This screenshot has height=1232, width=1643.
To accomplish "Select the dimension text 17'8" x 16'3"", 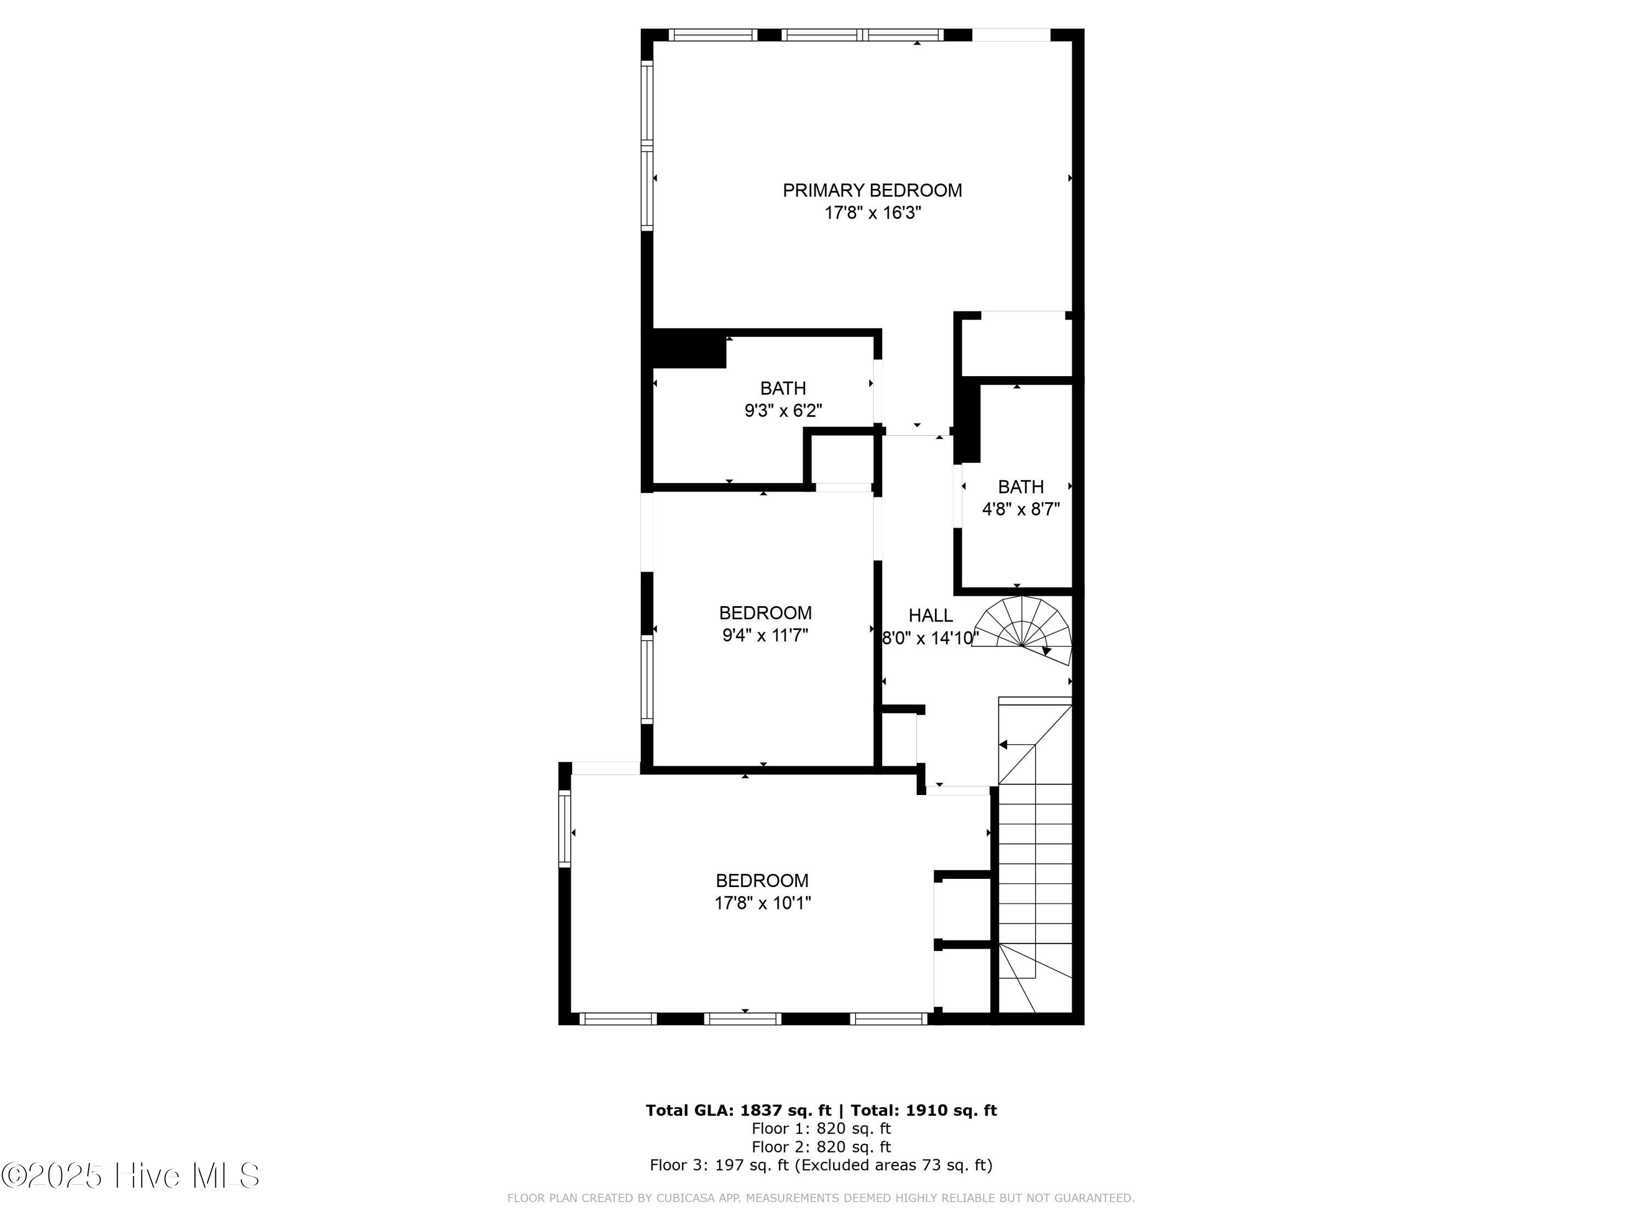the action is [x=873, y=213].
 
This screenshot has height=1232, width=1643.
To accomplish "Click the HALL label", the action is [x=930, y=615].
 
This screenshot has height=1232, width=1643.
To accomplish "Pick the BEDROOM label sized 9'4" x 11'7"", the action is [x=765, y=613].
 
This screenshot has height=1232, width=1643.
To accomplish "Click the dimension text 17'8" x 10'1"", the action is [x=763, y=903].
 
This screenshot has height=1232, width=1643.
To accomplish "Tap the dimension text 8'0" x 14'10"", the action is [x=930, y=638].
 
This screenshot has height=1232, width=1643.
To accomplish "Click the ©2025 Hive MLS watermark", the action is [x=131, y=1176].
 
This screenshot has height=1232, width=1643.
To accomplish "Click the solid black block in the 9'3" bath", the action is [x=688, y=349].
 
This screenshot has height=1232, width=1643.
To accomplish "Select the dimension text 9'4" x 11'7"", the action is [x=765, y=636].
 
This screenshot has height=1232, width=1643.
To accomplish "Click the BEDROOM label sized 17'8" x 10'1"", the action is [x=762, y=880].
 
